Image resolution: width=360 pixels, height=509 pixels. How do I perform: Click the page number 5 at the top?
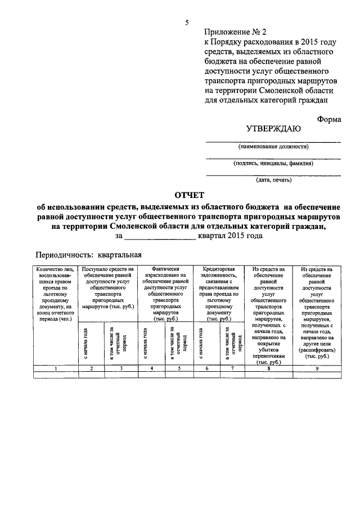[188, 22]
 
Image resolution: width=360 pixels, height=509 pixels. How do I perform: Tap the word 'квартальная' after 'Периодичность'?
[119, 254]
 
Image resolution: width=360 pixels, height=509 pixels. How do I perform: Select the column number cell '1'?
[56, 368]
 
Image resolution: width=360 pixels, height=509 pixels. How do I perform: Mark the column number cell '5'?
[179, 368]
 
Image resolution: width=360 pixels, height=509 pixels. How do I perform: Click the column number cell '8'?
[269, 368]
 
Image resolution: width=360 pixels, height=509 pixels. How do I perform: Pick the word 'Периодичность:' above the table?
[62, 254]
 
